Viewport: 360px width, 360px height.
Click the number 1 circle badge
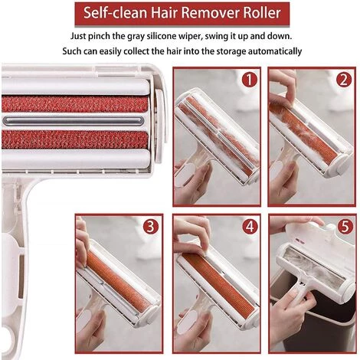249,80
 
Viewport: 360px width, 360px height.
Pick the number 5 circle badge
342,227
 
